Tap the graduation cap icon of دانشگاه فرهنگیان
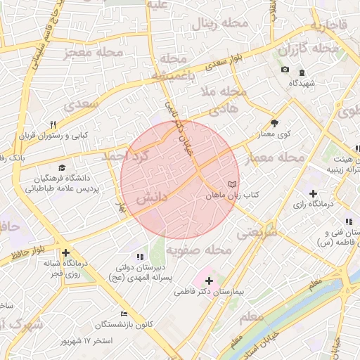(x=62, y=168)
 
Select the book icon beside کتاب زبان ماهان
(x=231, y=184)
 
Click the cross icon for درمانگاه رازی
(x=313, y=193)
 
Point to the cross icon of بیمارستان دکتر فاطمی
(x=209, y=281)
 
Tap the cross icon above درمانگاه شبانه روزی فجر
(x=65, y=252)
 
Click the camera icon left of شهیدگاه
(x=285, y=70)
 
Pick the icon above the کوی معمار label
(x=274, y=122)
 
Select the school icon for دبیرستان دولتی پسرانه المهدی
(x=139, y=257)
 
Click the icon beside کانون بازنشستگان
(x=124, y=314)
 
